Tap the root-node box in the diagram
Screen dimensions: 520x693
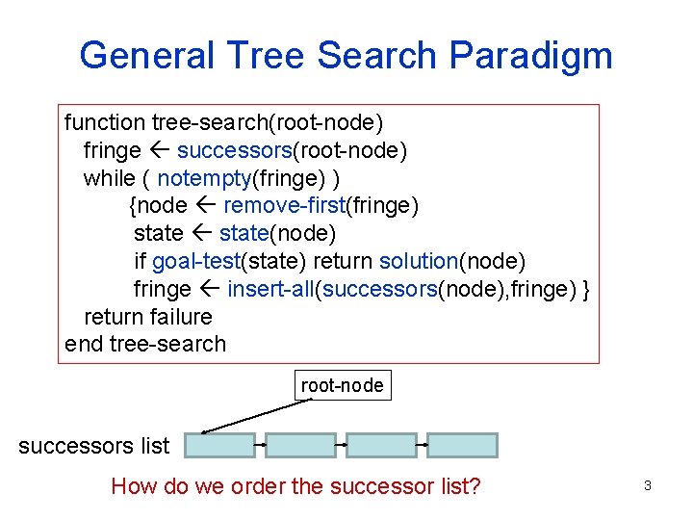tap(342, 386)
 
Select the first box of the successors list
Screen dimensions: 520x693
tap(219, 445)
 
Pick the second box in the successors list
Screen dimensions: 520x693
tap(300, 445)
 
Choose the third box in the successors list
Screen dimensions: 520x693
tap(381, 445)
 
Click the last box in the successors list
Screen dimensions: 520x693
tap(462, 445)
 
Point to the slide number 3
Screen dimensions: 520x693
tap(647, 486)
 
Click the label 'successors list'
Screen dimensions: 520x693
tap(93, 446)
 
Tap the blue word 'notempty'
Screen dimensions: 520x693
tap(197, 179)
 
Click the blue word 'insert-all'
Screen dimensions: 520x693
tap(270, 289)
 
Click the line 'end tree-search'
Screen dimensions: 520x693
tap(145, 344)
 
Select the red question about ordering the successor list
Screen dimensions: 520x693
tap(295, 486)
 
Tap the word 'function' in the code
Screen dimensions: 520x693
tap(104, 123)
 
